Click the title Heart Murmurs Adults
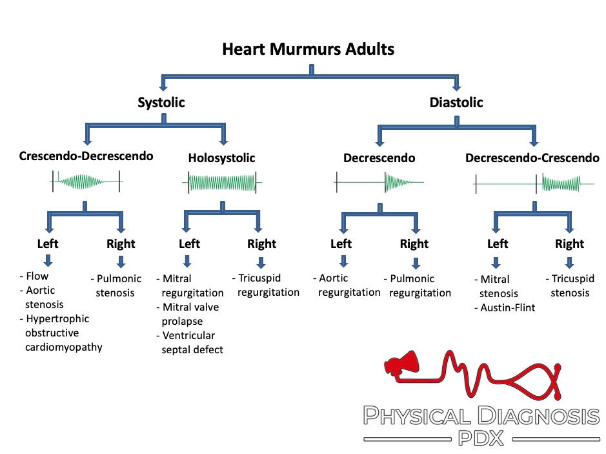click(308, 49)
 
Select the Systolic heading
click(161, 103)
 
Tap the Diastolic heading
click(456, 103)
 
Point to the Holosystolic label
click(221, 158)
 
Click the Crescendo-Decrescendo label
click(86, 157)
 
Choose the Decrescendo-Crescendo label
click(532, 158)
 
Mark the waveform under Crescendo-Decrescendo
click(86, 181)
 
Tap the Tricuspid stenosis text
click(570, 285)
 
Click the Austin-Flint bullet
click(509, 307)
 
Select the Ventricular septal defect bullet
click(191, 342)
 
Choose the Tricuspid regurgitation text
click(265, 285)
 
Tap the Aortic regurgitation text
click(347, 285)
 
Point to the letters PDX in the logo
click(481, 439)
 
